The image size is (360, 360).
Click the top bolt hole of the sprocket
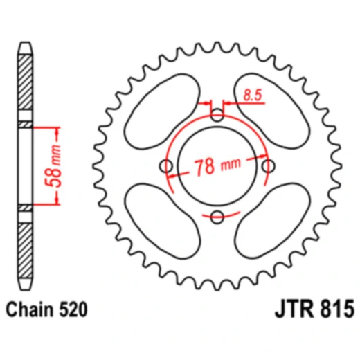coord(217,116)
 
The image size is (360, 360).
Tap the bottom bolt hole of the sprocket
coord(217,216)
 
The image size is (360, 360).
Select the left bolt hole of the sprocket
coord(167,166)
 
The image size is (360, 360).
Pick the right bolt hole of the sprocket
coord(268,166)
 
